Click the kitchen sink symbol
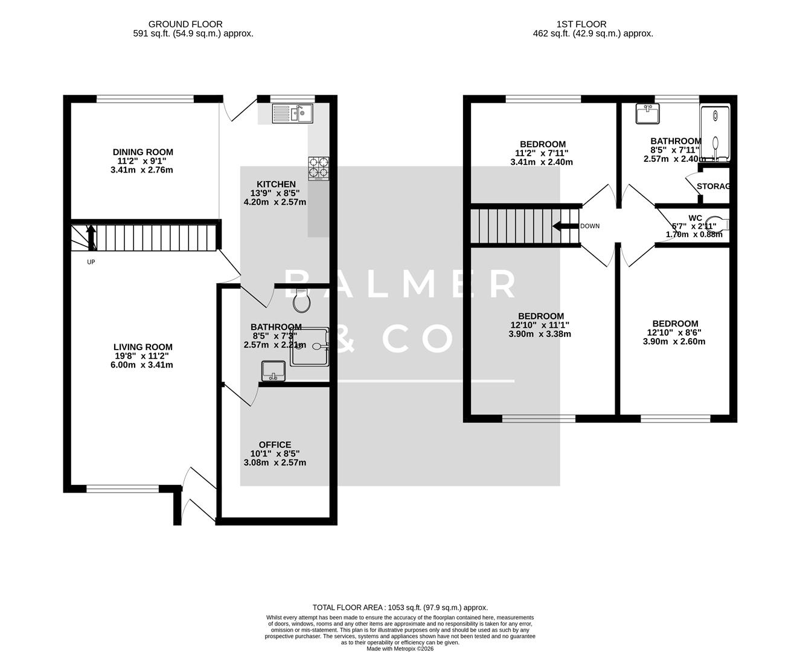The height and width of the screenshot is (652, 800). click(292, 113)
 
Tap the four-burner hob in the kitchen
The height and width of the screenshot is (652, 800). click(319, 168)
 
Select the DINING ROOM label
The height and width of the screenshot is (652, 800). click(143, 152)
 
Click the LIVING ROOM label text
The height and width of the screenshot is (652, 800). click(143, 347)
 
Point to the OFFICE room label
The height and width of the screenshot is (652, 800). click(275, 445)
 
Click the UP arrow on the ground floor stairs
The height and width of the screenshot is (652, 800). click(91, 237)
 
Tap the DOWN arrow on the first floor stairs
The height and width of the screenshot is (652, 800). click(565, 226)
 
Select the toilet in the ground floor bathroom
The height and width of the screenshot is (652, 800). click(301, 299)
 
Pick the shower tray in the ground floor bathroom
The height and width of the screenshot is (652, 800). click(310, 347)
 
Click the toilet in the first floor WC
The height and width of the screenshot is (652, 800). click(718, 224)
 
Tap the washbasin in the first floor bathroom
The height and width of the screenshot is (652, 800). click(648, 112)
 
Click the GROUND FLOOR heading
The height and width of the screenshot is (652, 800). click(185, 24)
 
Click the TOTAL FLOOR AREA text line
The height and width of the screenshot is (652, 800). click(400, 607)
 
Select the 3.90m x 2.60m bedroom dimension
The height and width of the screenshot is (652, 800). click(674, 342)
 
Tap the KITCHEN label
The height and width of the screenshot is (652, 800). click(276, 184)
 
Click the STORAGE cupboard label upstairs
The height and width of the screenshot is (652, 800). click(713, 187)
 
